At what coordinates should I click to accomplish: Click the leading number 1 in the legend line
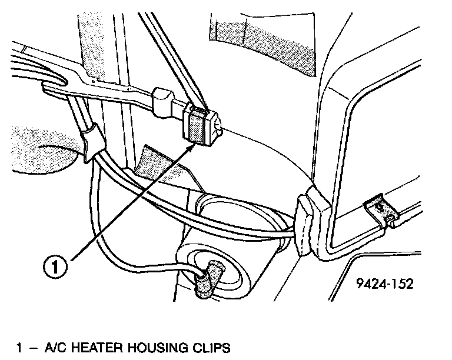[x=19, y=349]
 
